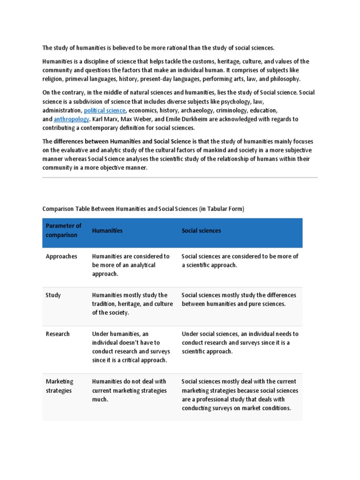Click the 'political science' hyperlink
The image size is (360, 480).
105,110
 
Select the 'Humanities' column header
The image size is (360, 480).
107,231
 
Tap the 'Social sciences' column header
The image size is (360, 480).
201,231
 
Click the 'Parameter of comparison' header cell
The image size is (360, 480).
64,230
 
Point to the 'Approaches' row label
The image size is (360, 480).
61,256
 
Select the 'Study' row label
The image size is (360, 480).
53,295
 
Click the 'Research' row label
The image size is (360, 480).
57,334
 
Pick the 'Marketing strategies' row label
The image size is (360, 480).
60,386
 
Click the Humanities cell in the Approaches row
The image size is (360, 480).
131,265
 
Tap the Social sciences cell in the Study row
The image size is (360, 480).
239,300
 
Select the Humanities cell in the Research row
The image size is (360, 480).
129,347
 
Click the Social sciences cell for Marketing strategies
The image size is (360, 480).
240,395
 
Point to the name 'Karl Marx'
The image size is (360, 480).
104,119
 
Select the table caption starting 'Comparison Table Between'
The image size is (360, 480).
143,209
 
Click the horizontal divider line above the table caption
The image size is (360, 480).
180,178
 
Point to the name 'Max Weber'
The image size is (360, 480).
136,119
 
